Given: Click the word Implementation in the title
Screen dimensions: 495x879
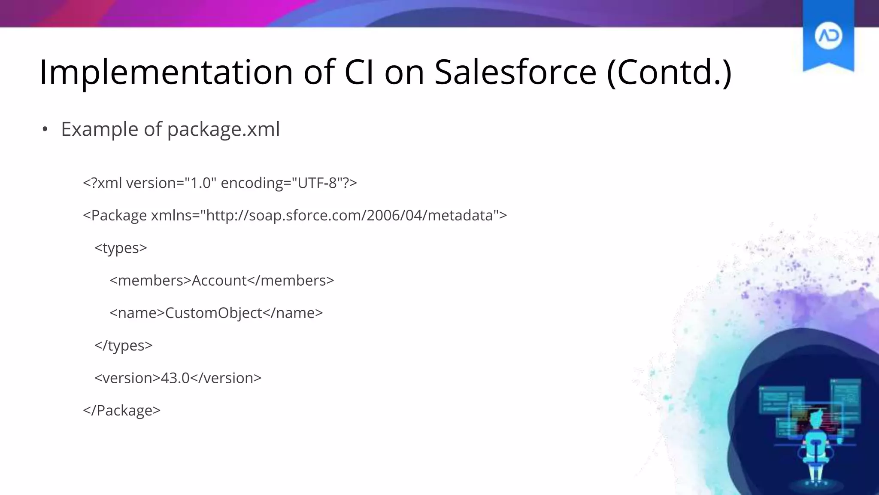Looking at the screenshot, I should coord(166,72).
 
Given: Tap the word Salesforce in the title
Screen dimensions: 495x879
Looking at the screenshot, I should coord(515,72).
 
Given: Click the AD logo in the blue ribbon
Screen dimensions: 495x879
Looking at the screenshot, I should coord(828,36).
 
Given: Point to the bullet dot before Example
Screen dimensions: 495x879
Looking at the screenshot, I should coord(45,129).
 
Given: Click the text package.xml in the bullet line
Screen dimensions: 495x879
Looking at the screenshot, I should coord(223,129).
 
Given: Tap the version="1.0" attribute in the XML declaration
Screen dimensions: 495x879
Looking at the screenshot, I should coord(171,183).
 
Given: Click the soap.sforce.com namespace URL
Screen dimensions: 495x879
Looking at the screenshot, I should coord(349,215).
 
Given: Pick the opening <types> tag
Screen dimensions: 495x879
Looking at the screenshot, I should coord(121,248).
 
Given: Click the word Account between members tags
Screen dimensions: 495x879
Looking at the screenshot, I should coord(219,281).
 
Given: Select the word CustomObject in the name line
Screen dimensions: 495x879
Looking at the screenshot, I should coord(213,313).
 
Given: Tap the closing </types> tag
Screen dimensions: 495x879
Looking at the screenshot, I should coord(123,345).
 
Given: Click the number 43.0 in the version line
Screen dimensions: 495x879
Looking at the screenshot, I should coord(175,378).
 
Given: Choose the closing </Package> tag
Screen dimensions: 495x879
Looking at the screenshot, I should coord(121,410).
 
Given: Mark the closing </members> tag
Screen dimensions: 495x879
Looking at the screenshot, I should coord(291,281).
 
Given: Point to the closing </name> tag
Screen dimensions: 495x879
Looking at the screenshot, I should coord(292,313).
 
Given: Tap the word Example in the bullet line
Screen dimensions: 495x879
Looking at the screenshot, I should coord(100,129).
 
